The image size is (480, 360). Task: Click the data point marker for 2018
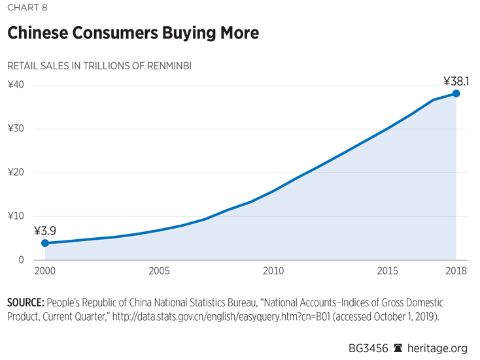point(456,93)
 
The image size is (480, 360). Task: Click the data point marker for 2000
point(45,243)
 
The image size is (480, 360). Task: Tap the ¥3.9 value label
point(45,231)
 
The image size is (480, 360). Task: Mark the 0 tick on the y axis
point(21,260)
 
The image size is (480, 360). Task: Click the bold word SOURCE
point(24,303)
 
